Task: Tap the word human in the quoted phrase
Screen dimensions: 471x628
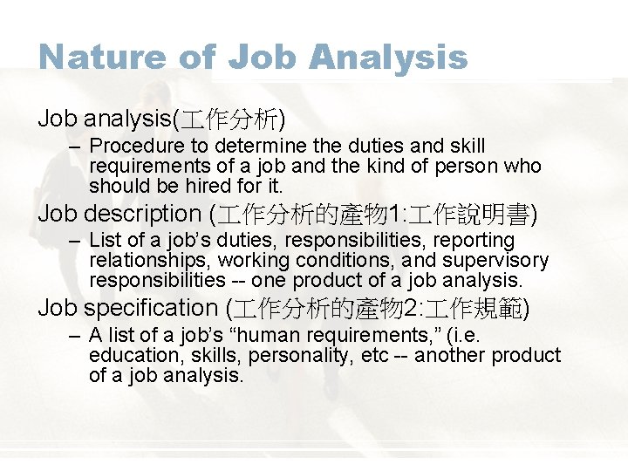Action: pyautogui.click(x=297, y=335)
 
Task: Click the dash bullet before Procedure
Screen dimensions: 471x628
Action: pyautogui.click(x=76, y=147)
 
